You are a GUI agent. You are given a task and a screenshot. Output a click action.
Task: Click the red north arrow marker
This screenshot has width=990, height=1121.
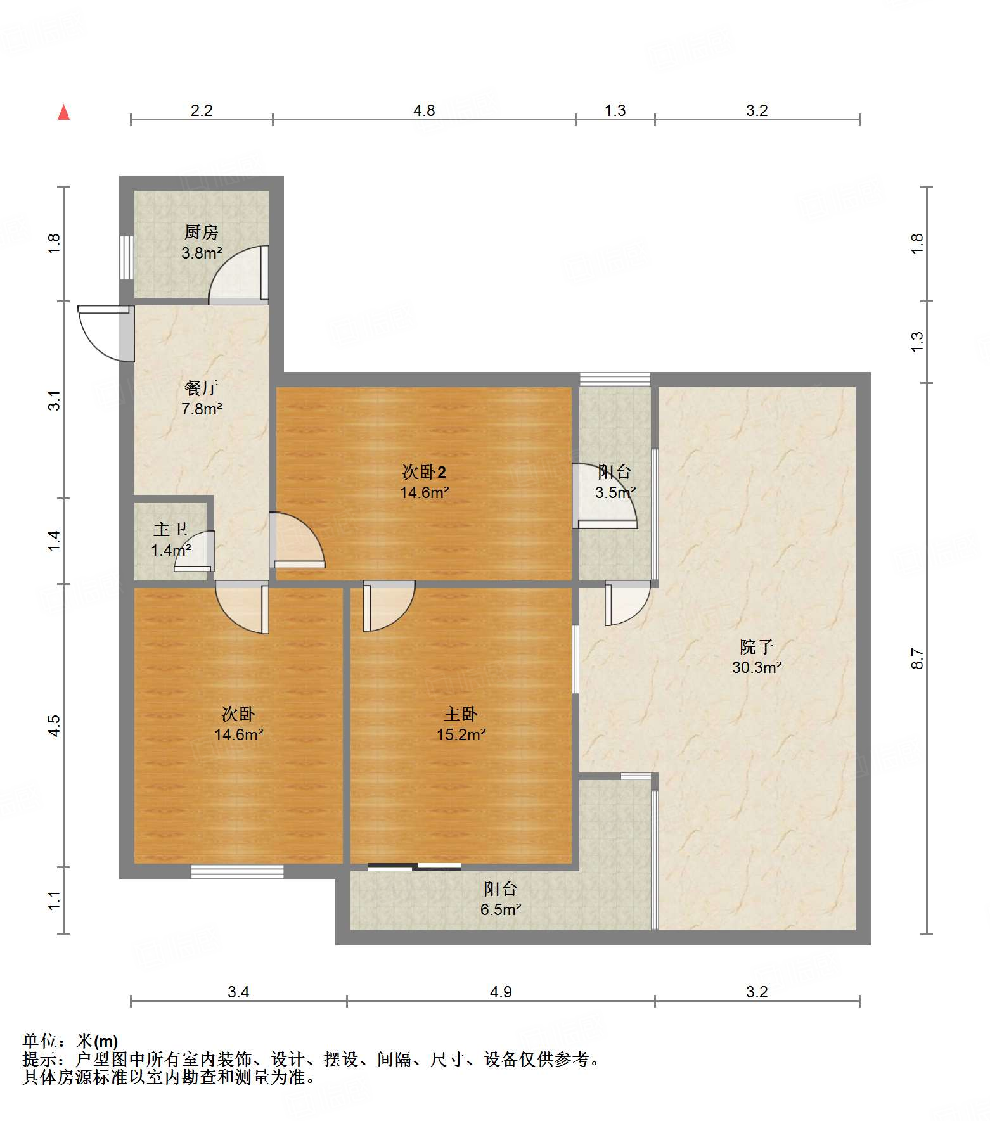(63, 112)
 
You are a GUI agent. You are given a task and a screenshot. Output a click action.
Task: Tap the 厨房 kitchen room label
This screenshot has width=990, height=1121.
(202, 232)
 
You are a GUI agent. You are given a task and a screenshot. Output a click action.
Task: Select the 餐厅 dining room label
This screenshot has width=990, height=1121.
(202, 387)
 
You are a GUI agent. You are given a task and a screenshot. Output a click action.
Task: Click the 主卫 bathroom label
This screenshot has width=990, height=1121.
(170, 529)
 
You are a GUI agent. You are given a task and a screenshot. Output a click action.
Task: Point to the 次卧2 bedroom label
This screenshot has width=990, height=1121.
(424, 471)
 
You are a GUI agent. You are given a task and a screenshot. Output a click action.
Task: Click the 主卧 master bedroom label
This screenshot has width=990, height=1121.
(461, 714)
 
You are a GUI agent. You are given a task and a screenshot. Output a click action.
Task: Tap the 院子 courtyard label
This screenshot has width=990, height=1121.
(757, 647)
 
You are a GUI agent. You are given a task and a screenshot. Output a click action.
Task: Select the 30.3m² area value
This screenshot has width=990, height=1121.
(757, 667)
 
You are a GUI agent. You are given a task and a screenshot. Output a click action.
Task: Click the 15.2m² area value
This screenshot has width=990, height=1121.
(461, 734)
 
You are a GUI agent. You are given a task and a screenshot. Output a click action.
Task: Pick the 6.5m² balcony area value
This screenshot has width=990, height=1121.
(501, 909)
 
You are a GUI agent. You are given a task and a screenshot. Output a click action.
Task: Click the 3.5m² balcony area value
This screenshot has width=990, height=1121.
(615, 492)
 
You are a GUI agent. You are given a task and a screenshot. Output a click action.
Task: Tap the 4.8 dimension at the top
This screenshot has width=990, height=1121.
(424, 111)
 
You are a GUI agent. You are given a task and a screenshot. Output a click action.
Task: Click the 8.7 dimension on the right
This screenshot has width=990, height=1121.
(917, 658)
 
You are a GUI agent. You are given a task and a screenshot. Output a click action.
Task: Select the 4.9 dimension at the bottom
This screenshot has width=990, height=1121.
(501, 992)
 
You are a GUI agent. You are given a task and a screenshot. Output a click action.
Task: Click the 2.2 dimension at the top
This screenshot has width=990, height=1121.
(202, 111)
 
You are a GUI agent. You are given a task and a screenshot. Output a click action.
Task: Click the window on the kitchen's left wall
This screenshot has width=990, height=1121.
(127, 257)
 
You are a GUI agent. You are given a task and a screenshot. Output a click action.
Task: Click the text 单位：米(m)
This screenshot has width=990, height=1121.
(70, 1041)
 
